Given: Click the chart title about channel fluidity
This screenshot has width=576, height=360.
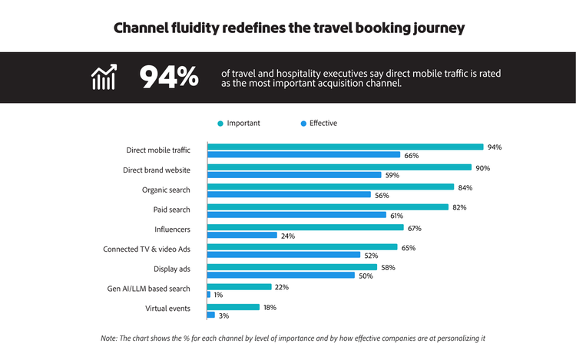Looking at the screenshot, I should (288, 28).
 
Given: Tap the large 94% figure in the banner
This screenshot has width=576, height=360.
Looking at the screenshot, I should (168, 78).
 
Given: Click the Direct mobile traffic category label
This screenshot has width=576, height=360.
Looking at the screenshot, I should (158, 150).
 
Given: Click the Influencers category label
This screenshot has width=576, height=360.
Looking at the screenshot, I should (172, 230).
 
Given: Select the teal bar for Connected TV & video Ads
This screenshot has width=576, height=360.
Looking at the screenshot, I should (302, 247).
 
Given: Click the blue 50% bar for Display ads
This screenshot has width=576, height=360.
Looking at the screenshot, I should (280, 275).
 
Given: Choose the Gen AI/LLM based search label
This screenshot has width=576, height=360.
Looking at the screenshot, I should (148, 289).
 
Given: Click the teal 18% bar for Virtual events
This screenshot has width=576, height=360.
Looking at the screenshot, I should (233, 307).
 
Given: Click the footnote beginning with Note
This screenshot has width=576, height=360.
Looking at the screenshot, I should (293, 338).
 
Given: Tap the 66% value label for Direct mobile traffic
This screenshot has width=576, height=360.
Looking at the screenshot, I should (412, 156).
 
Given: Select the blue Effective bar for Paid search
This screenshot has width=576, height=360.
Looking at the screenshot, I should (296, 215).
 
